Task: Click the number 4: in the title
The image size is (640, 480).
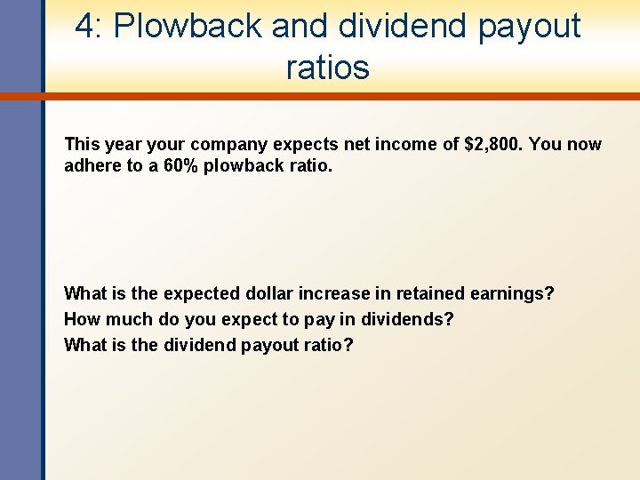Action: pyautogui.click(x=90, y=27)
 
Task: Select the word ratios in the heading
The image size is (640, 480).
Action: pyautogui.click(x=327, y=68)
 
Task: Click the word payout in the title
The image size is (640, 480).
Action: pyautogui.click(x=529, y=27)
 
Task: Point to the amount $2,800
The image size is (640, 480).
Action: pyautogui.click(x=493, y=144)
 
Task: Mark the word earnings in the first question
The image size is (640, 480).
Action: pyautogui.click(x=505, y=293)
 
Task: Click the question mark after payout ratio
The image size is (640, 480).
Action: pyautogui.click(x=348, y=345)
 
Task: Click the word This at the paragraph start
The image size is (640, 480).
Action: pyautogui.click(x=83, y=144)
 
